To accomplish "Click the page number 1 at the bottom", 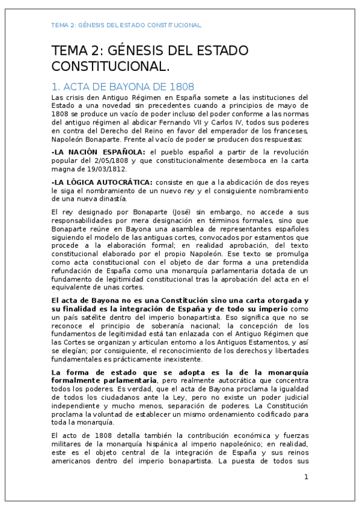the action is (306, 477).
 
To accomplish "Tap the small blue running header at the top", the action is (126, 25).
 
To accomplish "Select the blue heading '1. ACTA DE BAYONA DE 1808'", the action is (123, 86).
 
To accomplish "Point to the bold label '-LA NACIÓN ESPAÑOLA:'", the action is (99, 153).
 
